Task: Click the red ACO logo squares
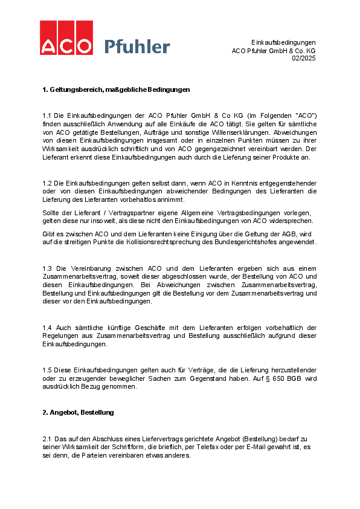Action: (x=66, y=38)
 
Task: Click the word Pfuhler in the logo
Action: (x=137, y=46)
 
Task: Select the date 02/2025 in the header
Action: (x=303, y=59)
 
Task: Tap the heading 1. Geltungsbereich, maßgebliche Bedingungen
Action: (x=116, y=89)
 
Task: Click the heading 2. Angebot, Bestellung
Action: (x=78, y=412)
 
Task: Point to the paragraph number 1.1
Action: (x=47, y=115)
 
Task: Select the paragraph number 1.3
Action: (x=47, y=267)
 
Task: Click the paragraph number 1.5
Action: (x=47, y=369)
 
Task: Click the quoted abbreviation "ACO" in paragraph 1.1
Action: (x=304, y=115)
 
